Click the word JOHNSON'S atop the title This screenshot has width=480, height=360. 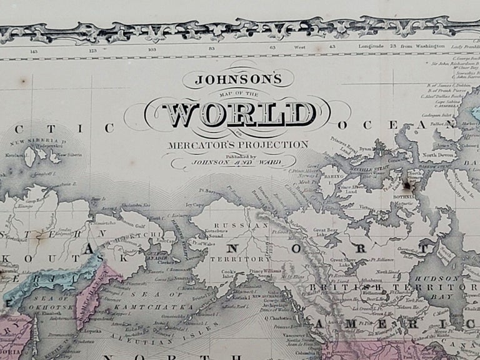pos(239,80)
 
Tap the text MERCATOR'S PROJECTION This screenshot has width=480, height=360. pos(237,145)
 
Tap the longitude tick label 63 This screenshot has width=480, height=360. pos(272,47)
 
